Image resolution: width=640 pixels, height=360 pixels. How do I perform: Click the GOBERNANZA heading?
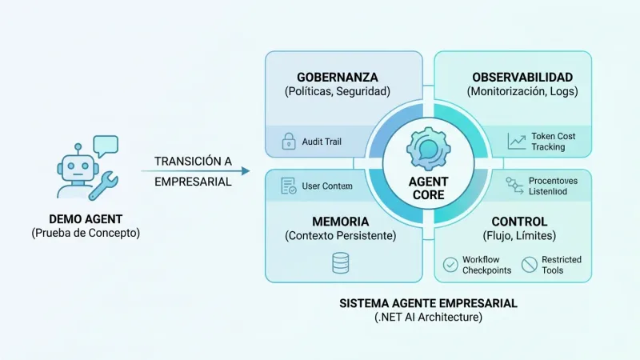337,78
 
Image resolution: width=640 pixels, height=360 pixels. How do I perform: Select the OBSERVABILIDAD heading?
522,78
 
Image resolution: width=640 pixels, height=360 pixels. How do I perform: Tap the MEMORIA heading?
340,221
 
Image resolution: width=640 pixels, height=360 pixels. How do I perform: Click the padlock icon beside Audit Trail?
288,142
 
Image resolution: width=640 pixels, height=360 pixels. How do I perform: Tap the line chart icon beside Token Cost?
517,141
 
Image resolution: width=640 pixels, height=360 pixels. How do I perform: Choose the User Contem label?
326,186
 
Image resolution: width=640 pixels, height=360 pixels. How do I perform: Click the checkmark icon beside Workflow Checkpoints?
450,264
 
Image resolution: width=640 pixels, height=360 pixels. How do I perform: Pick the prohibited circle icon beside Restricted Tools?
529,264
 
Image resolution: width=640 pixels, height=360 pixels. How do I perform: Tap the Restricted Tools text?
562,265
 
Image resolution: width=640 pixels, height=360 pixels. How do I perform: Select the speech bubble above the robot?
105,146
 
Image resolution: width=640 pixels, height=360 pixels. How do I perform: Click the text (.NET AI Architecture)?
427,318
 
